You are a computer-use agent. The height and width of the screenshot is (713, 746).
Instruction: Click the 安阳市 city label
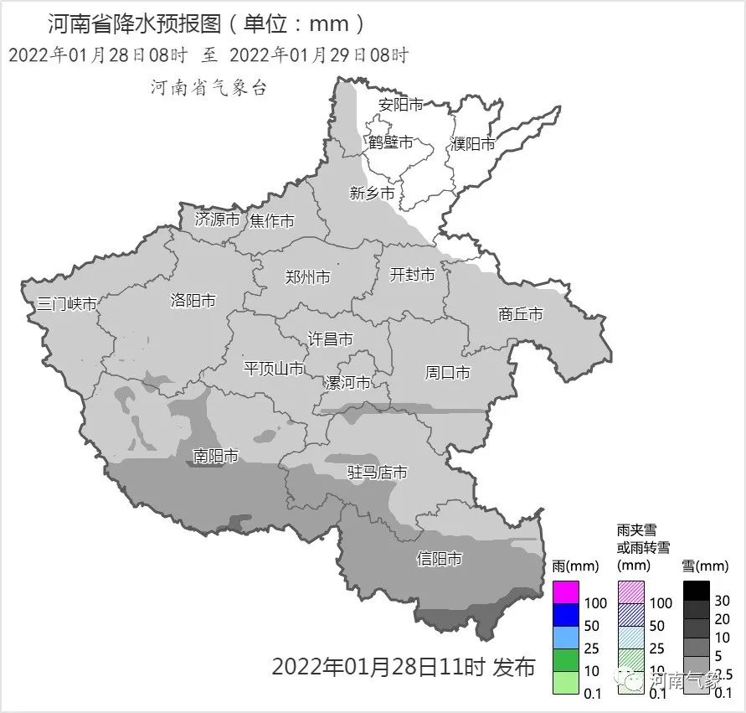click(400, 105)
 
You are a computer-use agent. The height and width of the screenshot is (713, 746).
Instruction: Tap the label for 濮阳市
click(472, 144)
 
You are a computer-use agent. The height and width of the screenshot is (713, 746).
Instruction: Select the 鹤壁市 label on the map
click(390, 142)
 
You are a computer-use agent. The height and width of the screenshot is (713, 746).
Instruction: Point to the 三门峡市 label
click(67, 304)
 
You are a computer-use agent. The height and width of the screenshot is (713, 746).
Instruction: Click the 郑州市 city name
click(307, 277)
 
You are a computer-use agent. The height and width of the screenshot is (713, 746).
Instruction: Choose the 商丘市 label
click(520, 314)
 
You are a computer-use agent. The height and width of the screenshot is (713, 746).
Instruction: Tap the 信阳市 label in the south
click(440, 559)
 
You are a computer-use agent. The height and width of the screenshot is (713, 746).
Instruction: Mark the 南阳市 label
click(215, 457)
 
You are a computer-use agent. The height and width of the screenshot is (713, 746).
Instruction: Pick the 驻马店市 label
click(378, 473)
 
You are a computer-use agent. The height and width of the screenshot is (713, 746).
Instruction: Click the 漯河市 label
click(347, 383)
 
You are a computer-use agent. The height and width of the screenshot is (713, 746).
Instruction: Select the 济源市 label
click(217, 220)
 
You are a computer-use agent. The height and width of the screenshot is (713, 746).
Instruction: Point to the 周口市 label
click(448, 373)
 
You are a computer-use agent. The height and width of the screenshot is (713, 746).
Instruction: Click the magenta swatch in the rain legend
click(566, 592)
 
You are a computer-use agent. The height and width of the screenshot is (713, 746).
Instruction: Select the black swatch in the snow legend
click(696, 592)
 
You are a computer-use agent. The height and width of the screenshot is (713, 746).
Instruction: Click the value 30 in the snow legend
click(723, 601)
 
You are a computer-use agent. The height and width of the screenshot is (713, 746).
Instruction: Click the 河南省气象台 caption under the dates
click(208, 87)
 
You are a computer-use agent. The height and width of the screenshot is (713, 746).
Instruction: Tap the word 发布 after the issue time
click(514, 667)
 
